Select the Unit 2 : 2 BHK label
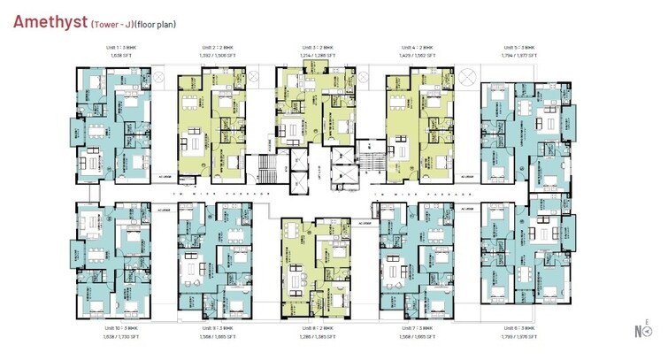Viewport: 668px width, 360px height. (216, 48)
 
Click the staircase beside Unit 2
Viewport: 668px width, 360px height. (264, 169)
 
